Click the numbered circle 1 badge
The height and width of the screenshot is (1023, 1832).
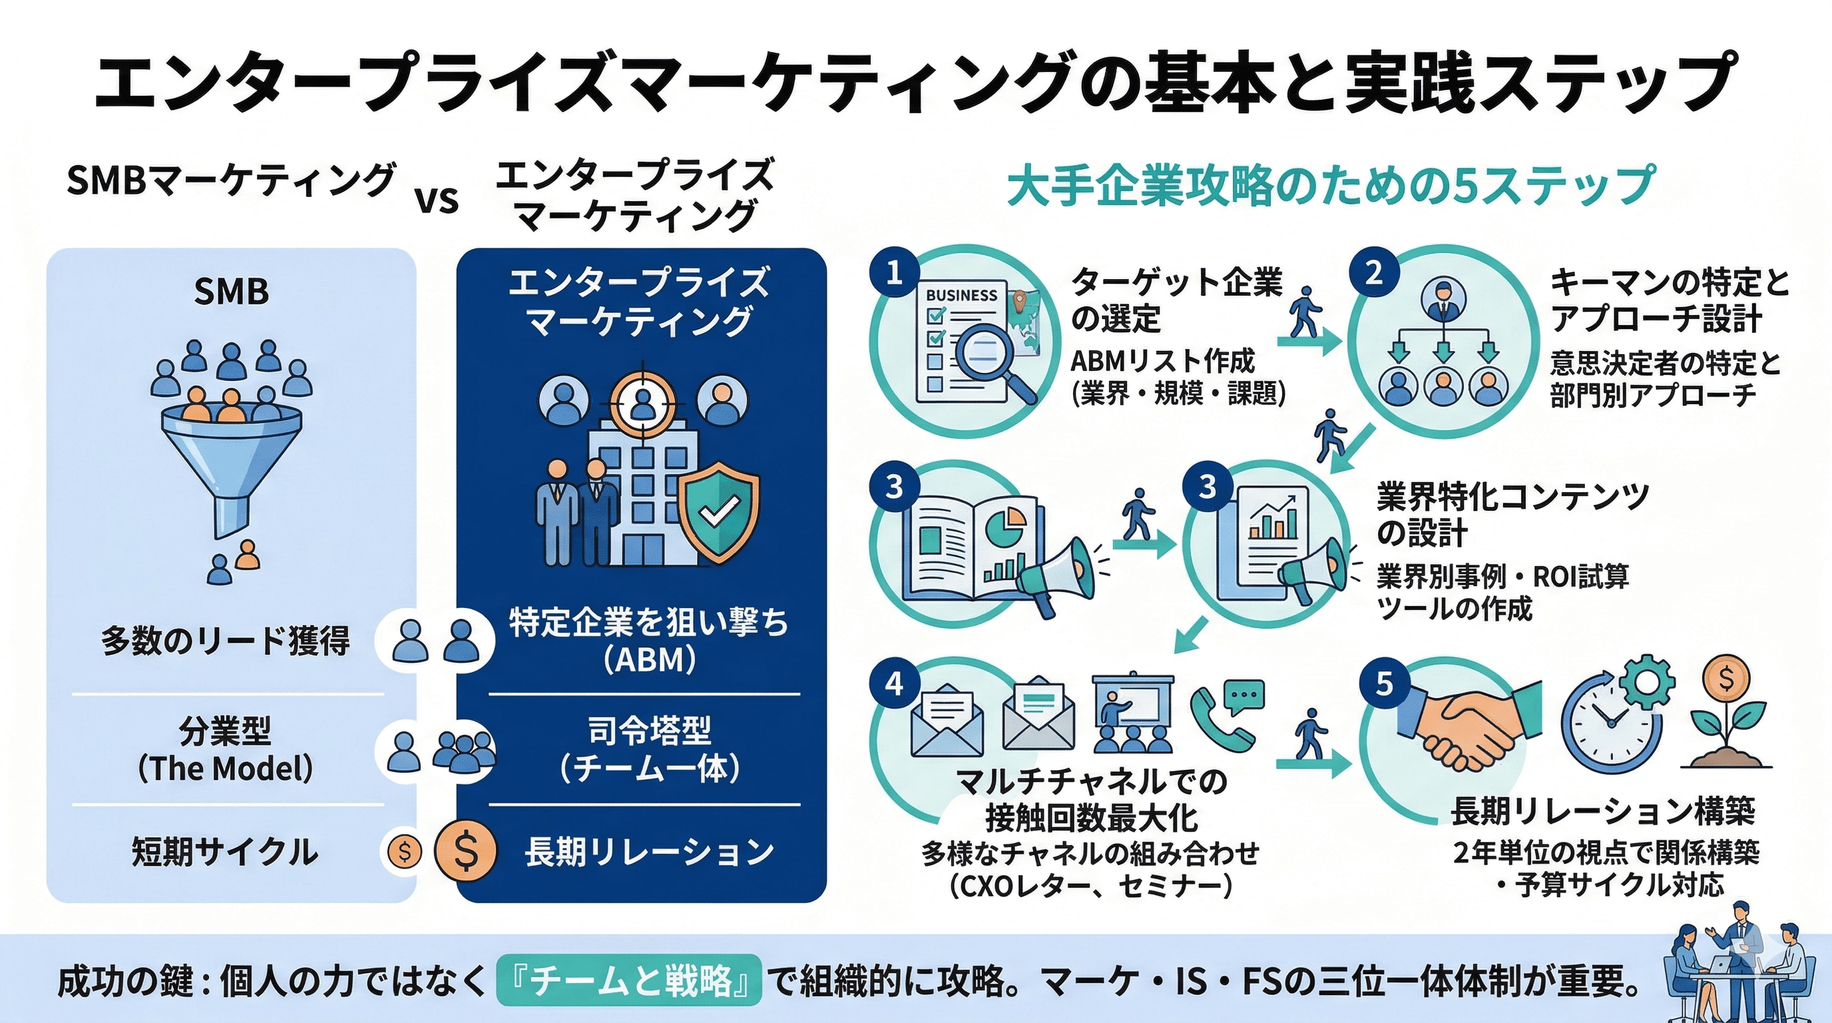click(x=894, y=272)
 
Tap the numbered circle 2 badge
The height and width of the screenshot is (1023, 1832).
click(x=1373, y=272)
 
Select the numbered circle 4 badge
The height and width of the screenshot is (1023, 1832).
click(x=894, y=683)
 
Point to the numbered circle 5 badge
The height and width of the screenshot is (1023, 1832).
click(x=1384, y=683)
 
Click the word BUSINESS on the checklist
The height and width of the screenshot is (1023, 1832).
click(x=961, y=295)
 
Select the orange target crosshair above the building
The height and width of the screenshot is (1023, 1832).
click(x=643, y=403)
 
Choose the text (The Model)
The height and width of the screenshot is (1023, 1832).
click(x=225, y=769)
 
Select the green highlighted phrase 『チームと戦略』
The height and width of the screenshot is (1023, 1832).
click(x=628, y=980)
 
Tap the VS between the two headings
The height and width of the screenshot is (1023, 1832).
click(x=437, y=200)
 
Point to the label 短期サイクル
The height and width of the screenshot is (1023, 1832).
click(x=225, y=852)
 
